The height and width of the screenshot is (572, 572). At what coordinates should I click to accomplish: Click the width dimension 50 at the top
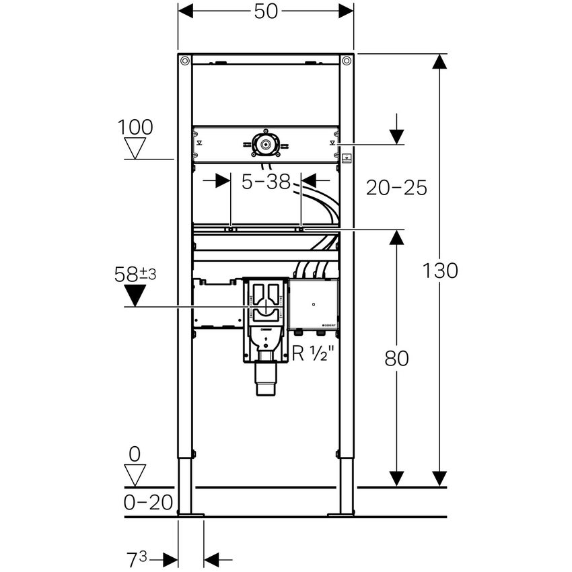click(x=266, y=11)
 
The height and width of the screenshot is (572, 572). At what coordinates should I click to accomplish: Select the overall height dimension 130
click(x=441, y=271)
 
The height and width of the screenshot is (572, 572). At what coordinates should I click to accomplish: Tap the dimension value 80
click(x=397, y=358)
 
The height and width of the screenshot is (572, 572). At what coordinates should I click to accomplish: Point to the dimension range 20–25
click(x=396, y=188)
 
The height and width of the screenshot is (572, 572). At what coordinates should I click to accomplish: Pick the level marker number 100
click(x=135, y=127)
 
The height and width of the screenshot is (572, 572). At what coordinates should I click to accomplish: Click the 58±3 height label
click(x=135, y=274)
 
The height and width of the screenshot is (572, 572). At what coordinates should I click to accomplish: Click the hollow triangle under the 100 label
click(x=137, y=148)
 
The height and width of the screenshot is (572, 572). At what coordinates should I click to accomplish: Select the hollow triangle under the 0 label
click(x=136, y=474)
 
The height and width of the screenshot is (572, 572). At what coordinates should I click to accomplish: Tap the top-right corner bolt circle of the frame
click(x=347, y=61)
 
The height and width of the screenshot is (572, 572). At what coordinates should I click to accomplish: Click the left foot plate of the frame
click(x=190, y=515)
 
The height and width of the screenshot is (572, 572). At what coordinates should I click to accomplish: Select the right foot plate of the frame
click(x=341, y=515)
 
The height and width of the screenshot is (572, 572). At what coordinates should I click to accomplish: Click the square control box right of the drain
click(x=313, y=304)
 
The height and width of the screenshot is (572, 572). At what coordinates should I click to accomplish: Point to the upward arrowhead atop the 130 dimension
click(x=439, y=62)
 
